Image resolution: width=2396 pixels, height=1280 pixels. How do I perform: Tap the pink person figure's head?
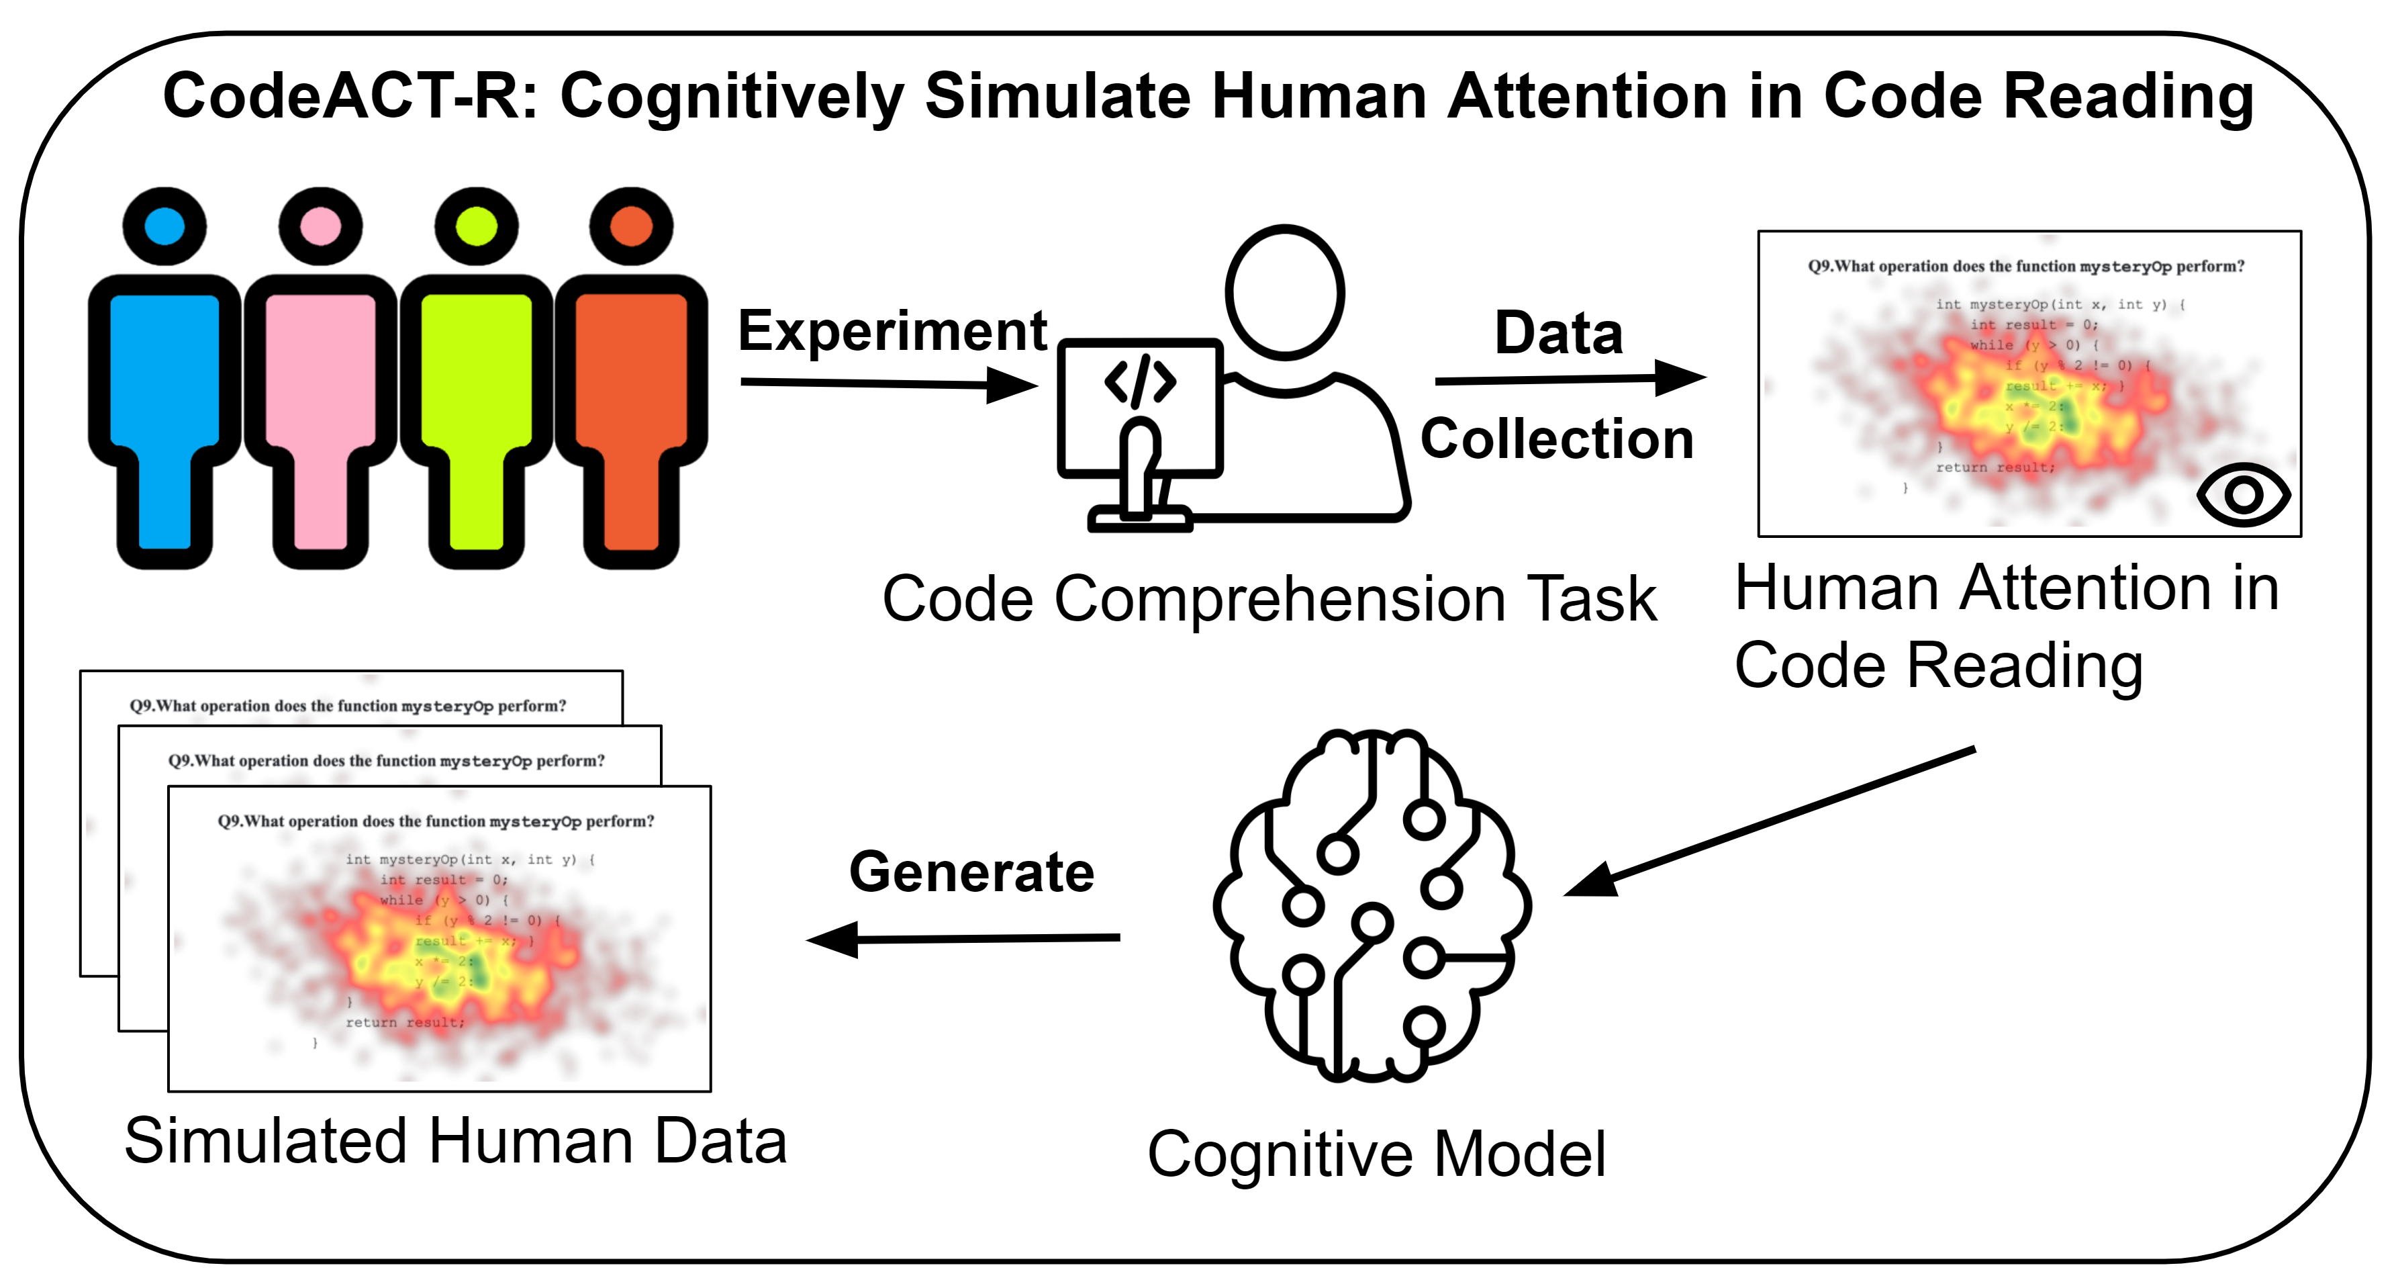click(320, 226)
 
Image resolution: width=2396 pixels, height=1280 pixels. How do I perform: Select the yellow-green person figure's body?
click(476, 391)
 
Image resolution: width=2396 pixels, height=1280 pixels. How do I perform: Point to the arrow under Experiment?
click(888, 383)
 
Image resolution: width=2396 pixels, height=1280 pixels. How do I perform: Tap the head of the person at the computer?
click(1284, 292)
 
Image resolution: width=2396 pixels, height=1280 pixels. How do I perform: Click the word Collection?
click(1557, 439)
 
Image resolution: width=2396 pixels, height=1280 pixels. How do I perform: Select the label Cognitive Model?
click(1377, 1154)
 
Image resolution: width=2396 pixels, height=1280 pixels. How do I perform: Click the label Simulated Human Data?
click(456, 1142)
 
